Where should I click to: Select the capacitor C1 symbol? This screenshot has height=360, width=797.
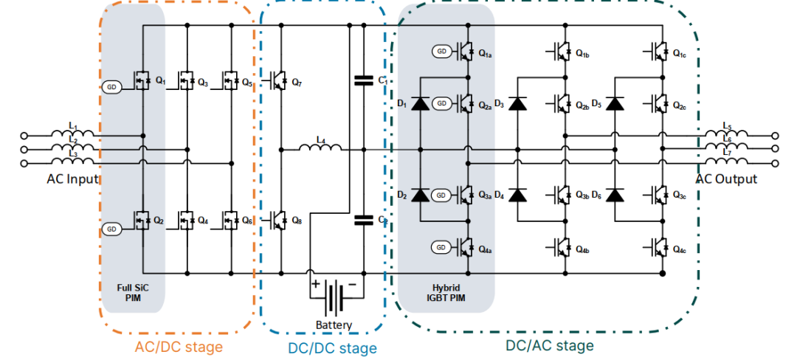click(x=363, y=80)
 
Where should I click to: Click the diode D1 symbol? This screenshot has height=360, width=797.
click(x=420, y=103)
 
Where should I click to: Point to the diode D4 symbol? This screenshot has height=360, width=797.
click(x=518, y=195)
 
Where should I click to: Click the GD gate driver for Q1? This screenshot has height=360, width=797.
click(x=113, y=86)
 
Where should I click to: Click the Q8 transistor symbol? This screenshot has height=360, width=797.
click(x=278, y=218)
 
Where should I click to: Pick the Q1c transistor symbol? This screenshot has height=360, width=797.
click(x=658, y=52)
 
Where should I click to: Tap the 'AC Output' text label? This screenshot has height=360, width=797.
click(x=726, y=179)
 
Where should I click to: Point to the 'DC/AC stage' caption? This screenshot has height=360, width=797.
click(x=549, y=345)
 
